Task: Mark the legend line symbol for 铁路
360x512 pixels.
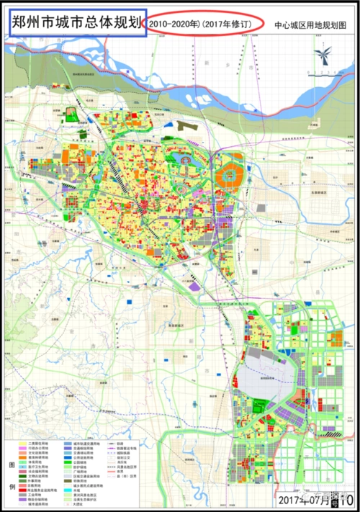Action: coord(112,444)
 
